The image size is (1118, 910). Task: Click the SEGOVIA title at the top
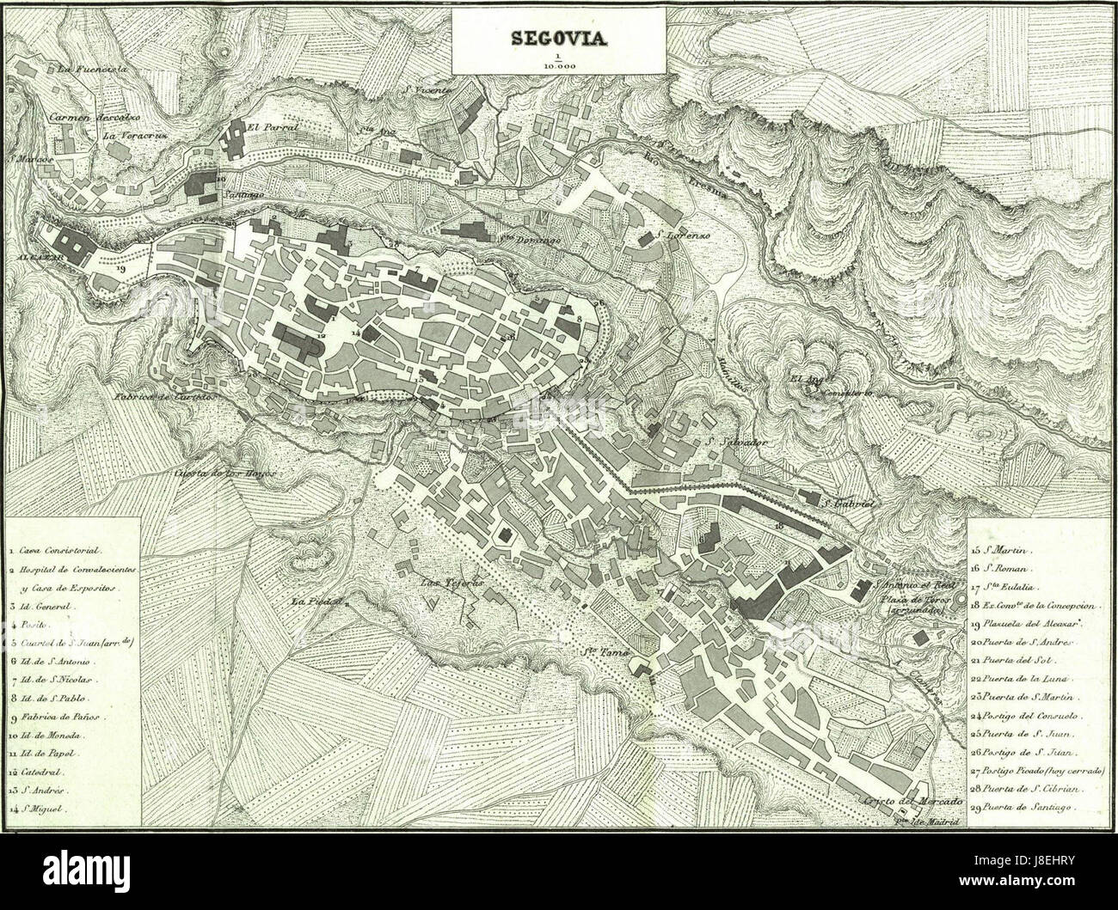[560, 38]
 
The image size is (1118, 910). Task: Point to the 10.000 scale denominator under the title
[560, 63]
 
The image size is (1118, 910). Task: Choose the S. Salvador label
[734, 443]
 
